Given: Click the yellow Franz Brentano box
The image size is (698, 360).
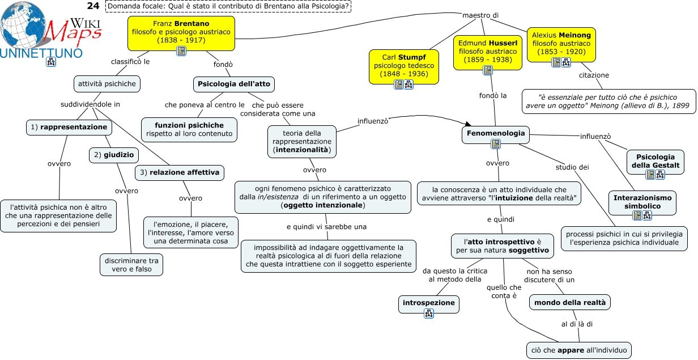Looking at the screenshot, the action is (x=181, y=33).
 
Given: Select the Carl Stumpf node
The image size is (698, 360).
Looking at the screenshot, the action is (x=404, y=67).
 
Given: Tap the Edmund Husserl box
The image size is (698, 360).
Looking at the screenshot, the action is (x=488, y=52).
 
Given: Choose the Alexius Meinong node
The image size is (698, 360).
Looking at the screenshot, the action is (x=561, y=45).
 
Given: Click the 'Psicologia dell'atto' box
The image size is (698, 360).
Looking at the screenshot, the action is (x=233, y=84).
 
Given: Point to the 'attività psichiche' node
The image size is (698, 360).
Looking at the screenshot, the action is (x=107, y=84).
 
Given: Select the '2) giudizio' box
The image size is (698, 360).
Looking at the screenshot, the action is (x=114, y=155).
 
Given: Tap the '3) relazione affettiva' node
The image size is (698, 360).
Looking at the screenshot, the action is (x=180, y=173).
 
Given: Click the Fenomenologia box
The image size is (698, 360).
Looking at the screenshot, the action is (x=495, y=135).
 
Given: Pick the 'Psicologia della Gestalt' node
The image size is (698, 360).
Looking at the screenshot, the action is (x=656, y=162).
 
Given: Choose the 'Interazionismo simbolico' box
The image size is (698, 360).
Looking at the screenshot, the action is (x=642, y=202).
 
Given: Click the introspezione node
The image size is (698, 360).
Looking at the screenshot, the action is (x=428, y=304).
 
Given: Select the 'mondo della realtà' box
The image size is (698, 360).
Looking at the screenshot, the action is (x=569, y=302).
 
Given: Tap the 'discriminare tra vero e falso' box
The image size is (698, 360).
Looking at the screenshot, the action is (x=131, y=265).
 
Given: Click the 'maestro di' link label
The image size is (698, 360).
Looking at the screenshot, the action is (x=480, y=15).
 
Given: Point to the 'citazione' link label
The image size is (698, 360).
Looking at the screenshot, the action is (x=594, y=75).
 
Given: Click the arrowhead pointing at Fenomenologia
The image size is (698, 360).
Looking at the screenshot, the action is (x=468, y=124).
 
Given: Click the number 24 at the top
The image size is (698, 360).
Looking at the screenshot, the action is (x=93, y=6).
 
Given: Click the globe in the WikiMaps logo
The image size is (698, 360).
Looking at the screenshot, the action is (x=23, y=25).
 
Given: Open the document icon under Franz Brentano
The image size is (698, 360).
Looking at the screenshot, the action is (x=181, y=51).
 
